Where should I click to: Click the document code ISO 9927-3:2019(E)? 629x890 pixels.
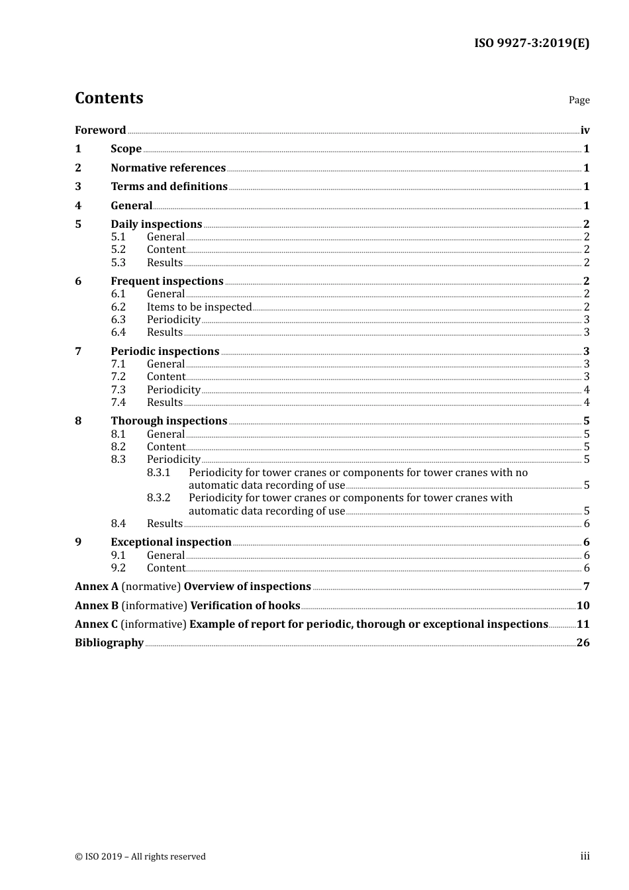531,44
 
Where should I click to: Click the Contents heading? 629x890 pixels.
109,98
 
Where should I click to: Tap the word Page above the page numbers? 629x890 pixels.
579,100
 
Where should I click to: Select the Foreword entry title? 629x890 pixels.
100,130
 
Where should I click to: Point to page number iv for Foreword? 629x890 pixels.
585,130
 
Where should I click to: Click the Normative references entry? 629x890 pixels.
168,168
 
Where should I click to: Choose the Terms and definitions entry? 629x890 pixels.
169,187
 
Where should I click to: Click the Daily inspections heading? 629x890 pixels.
156,224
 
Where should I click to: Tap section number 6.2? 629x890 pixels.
118,307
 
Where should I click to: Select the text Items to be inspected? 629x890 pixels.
199,307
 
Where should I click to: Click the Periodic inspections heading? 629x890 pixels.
165,352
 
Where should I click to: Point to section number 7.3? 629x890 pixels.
118,390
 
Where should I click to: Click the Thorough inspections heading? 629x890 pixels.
169,421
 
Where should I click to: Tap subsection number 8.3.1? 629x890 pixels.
158,473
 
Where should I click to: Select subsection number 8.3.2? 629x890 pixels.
158,498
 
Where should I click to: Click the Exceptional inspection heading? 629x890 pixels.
171,542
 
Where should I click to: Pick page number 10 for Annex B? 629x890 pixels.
583,606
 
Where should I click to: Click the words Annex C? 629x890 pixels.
97,624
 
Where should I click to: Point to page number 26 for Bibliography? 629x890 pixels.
583,643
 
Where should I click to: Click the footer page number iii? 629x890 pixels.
585,856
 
